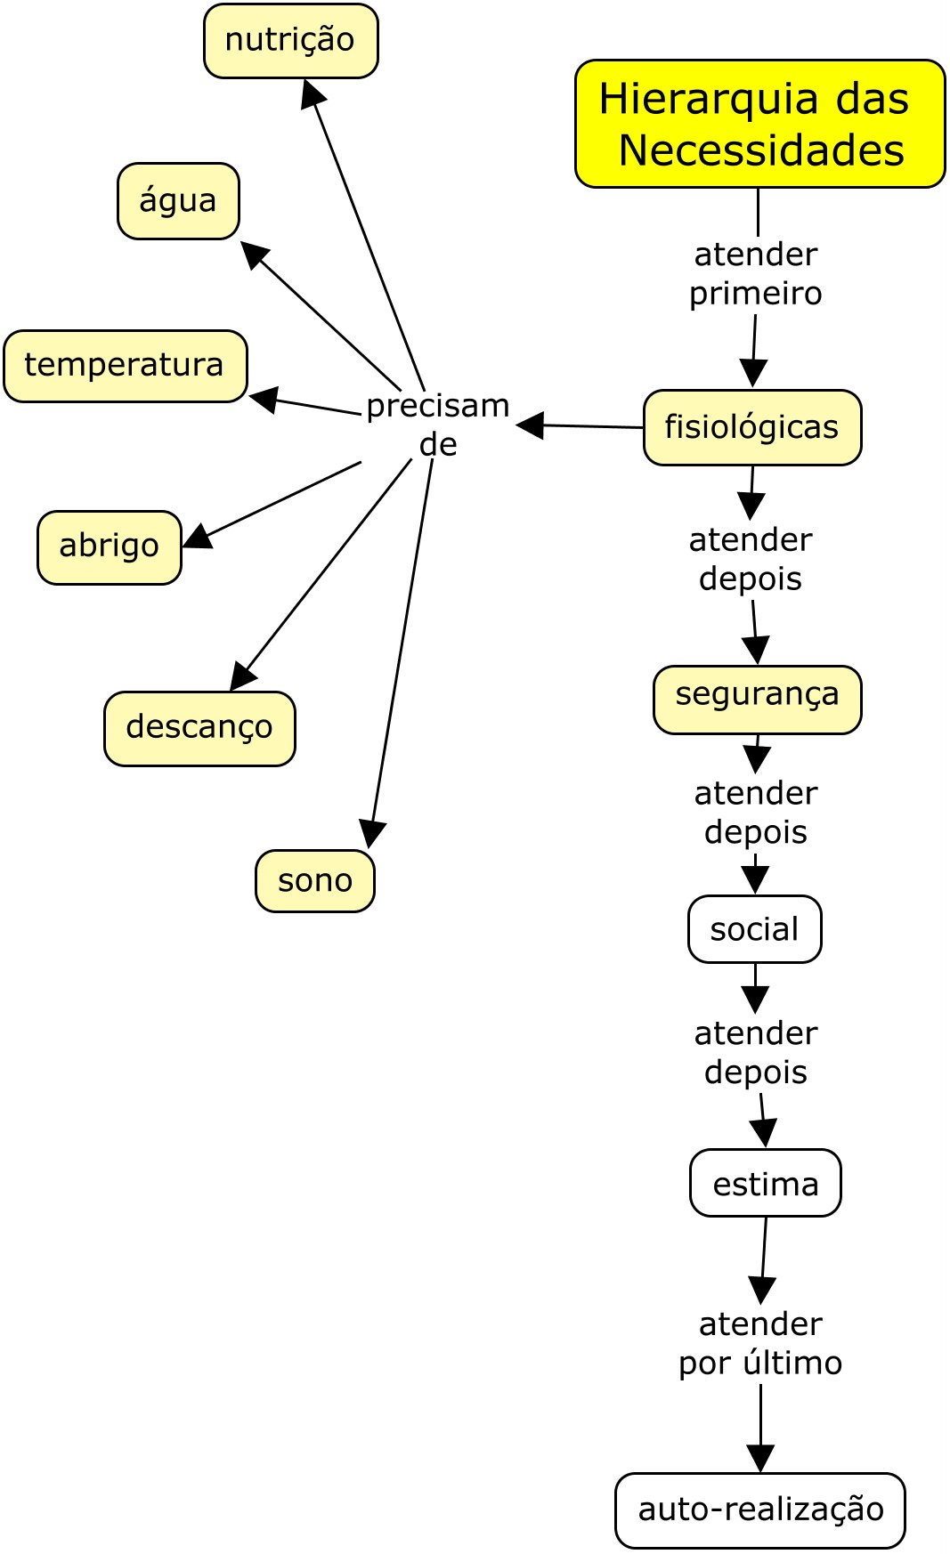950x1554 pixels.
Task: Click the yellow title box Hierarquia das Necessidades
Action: (759, 124)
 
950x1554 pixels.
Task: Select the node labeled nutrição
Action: (290, 41)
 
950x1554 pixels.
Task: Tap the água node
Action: (178, 201)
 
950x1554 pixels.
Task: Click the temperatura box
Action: (125, 366)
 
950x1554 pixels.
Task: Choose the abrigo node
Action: (109, 546)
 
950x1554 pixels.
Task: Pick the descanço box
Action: (199, 728)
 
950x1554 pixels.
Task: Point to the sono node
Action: (314, 881)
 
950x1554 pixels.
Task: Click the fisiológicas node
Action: (752, 427)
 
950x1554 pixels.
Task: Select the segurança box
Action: (757, 699)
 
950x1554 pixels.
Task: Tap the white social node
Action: (754, 929)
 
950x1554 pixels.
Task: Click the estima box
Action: (765, 1184)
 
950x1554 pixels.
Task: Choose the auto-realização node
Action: (759, 1509)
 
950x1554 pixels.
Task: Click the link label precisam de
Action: (438, 425)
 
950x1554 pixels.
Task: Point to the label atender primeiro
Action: (756, 273)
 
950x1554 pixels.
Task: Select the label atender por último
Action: (760, 1343)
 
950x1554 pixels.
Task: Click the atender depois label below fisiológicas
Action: (751, 559)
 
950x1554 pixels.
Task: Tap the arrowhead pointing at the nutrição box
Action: (312, 93)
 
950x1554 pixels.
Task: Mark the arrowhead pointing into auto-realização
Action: (760, 1458)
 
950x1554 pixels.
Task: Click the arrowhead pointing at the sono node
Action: (370, 835)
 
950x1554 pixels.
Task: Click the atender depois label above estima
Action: (756, 1052)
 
